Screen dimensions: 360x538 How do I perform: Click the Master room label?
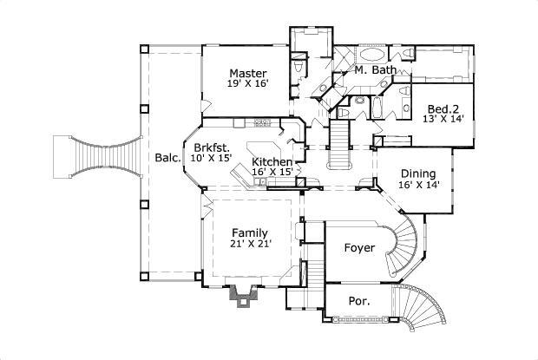coord(247,73)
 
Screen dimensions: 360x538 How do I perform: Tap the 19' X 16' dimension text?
coord(247,84)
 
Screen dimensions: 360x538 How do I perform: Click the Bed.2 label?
coord(443,109)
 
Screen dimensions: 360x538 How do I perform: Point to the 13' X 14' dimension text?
coord(443,121)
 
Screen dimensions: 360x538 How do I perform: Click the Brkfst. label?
coord(211,147)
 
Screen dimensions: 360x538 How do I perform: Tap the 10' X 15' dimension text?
coord(211,158)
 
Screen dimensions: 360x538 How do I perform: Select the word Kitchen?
coord(272,162)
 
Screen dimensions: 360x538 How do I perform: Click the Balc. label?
coord(167,158)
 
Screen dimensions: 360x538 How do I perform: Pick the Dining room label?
coord(419,173)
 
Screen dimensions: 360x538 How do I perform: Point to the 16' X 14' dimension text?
coord(419,184)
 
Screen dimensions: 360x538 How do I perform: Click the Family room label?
coord(249,232)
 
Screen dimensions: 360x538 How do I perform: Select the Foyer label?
coord(359,248)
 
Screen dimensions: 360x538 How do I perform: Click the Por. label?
coord(359,301)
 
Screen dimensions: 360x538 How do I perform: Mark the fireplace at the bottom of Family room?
coord(241,295)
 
